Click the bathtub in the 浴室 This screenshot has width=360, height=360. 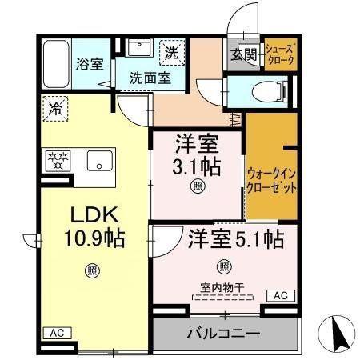[x=56, y=64]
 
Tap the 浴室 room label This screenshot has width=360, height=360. [x=90, y=64]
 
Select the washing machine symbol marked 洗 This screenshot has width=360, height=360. [x=172, y=52]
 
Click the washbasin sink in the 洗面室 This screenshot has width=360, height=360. [x=139, y=47]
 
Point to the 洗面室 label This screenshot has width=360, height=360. [x=150, y=78]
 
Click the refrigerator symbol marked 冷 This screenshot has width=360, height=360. [x=55, y=109]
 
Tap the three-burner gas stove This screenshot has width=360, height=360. [x=58, y=161]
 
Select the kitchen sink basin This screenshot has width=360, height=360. [x=100, y=161]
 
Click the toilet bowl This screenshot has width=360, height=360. [x=269, y=92]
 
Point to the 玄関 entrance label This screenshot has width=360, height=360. [x=244, y=54]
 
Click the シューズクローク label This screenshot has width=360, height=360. [x=281, y=54]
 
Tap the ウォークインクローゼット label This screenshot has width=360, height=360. [x=271, y=181]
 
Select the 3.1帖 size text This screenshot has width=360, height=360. [x=197, y=167]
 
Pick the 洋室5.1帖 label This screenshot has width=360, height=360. [x=236, y=239]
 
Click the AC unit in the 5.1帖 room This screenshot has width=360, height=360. [x=281, y=296]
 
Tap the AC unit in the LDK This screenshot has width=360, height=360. [x=58, y=333]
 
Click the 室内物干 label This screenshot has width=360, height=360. [x=222, y=287]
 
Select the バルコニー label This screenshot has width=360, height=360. [x=223, y=334]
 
